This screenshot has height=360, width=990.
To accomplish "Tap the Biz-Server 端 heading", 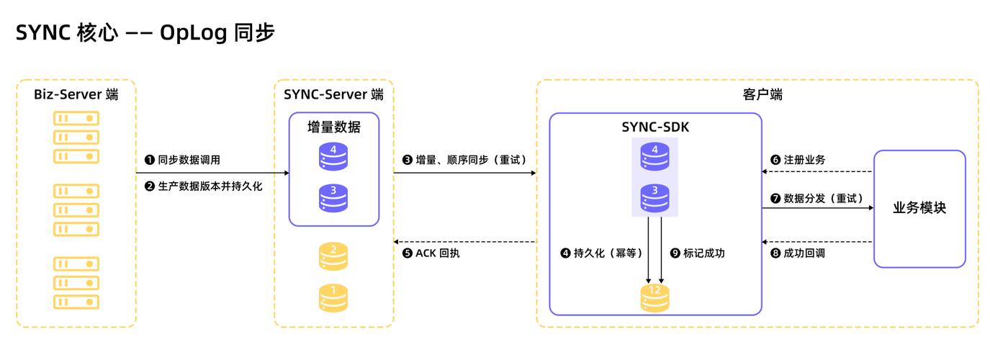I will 76,94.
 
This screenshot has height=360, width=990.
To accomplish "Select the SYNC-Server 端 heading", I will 333,94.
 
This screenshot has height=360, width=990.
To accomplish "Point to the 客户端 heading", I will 757,94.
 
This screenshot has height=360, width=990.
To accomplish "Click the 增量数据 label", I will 333,127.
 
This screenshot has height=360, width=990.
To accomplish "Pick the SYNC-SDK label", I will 655,127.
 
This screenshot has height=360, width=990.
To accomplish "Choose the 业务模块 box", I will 919,208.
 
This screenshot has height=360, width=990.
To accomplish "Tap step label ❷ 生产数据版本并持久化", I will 204,186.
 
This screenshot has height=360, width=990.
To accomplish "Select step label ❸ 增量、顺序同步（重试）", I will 465,160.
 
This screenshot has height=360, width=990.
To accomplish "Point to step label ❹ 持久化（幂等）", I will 602,253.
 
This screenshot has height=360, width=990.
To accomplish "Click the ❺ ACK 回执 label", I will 431,253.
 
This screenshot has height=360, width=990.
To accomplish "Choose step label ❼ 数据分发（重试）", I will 816,198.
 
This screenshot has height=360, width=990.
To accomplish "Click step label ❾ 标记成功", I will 697,253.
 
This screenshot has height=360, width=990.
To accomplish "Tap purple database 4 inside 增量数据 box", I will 333,157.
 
